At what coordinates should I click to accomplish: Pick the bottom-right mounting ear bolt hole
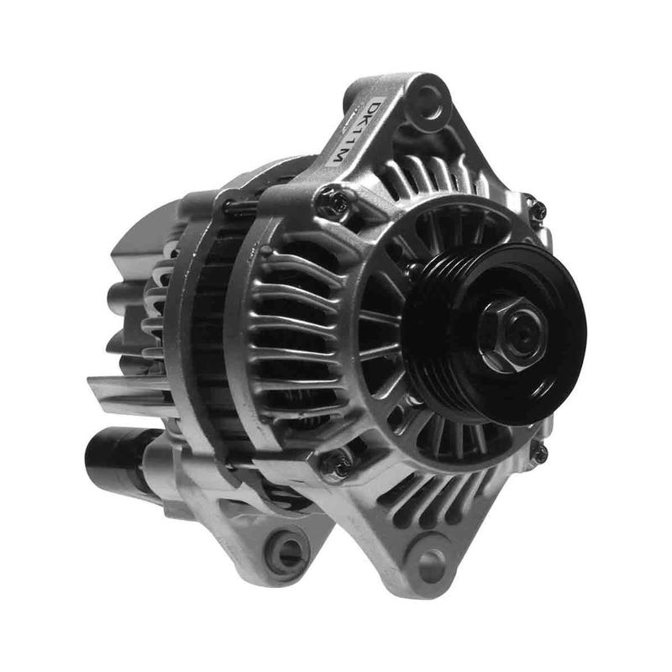click(x=431, y=561)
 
